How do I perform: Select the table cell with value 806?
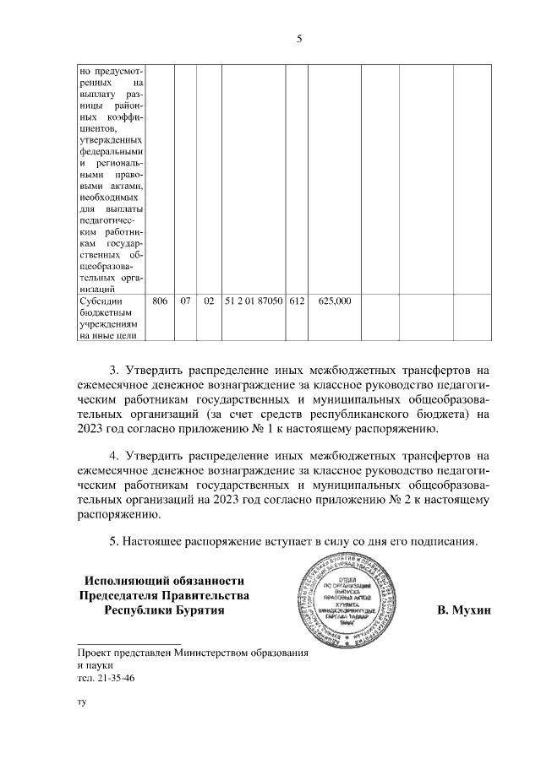coord(160,300)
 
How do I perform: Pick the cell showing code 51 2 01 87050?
coord(254,300)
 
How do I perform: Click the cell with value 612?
coord(296,300)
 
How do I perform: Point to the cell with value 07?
coord(186,300)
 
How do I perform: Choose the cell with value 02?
coord(208,300)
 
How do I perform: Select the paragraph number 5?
coord(115,541)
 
